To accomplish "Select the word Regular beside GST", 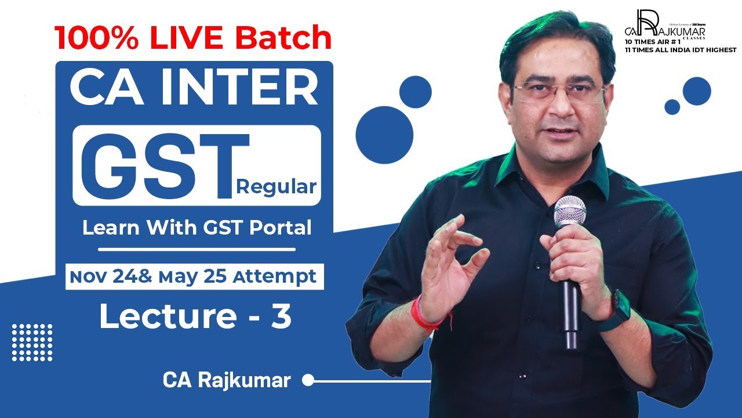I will (277, 188).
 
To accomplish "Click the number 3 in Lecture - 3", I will (281, 317).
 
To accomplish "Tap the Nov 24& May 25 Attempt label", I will (194, 276).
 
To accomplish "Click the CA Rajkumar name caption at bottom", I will (227, 381).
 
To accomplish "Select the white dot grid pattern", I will (32, 343).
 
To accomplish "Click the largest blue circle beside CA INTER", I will (384, 135).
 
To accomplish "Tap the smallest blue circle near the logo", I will (672, 107).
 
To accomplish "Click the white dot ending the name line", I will (308, 381).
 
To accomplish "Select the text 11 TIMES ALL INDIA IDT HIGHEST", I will (680, 51).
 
